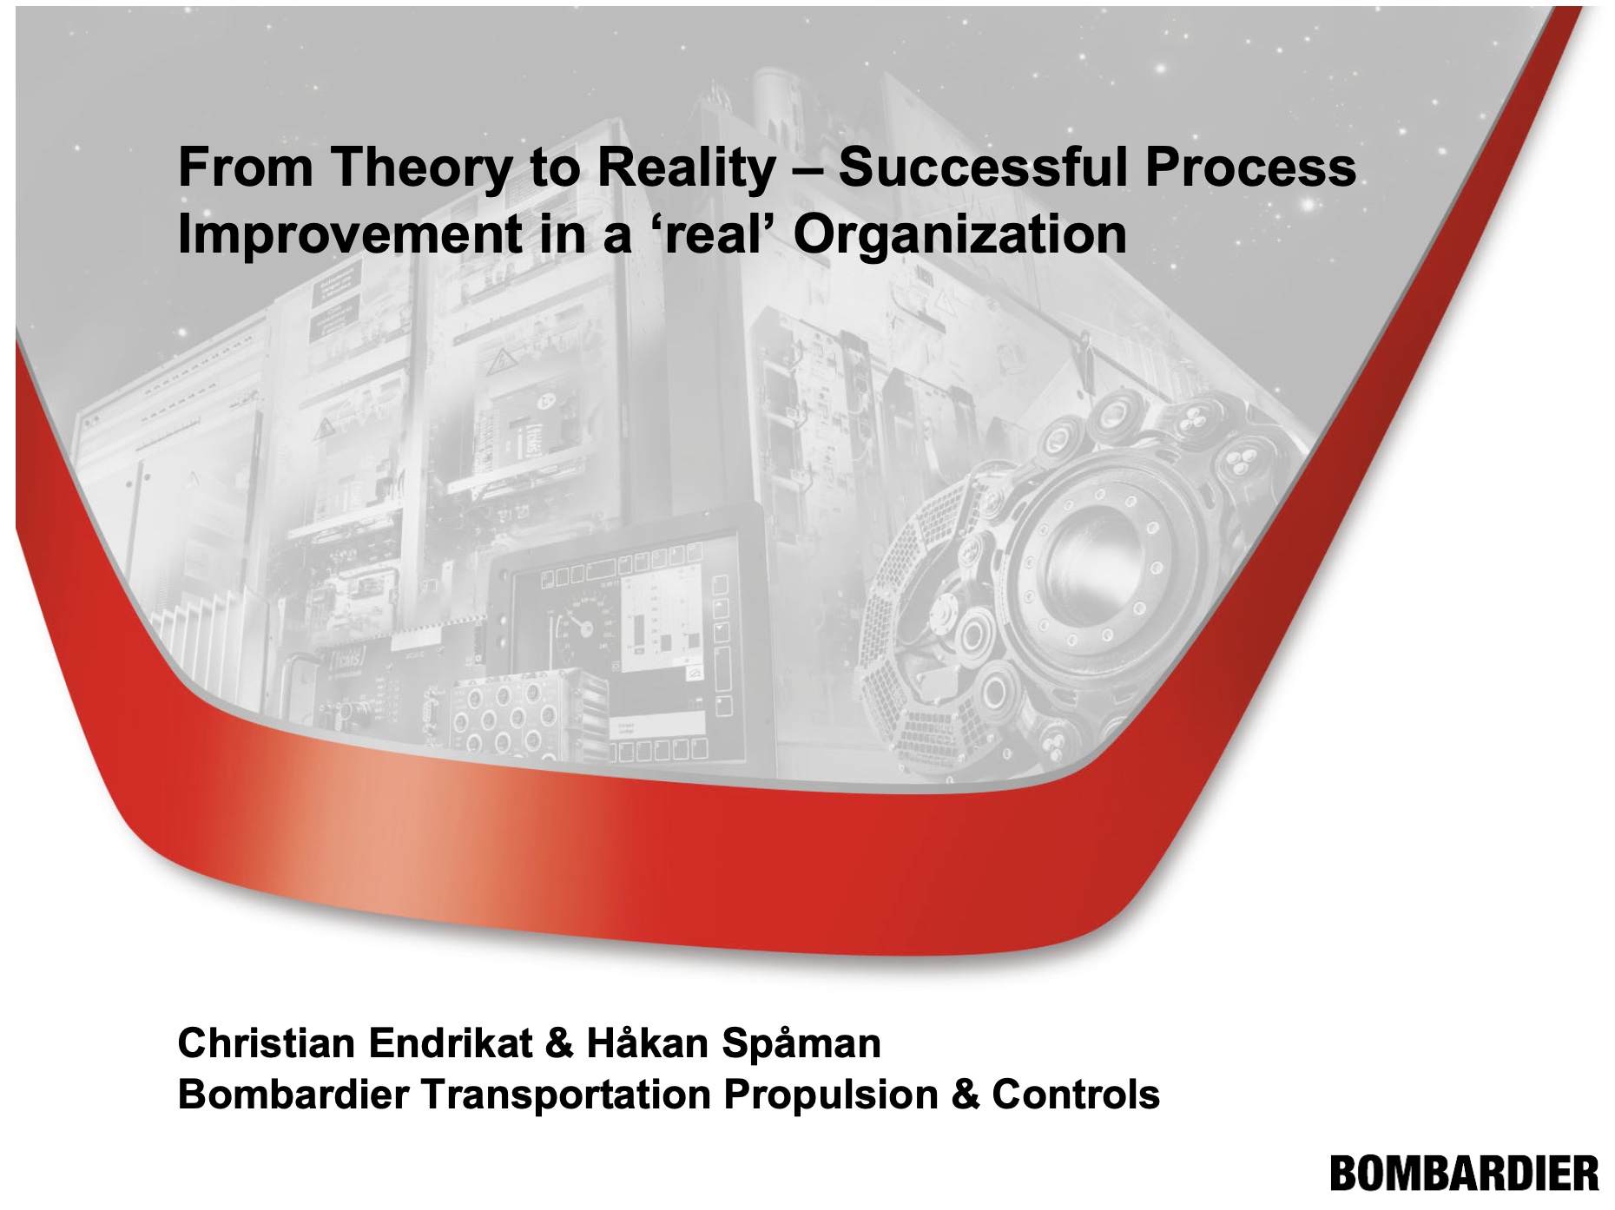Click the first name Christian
tap(267, 1042)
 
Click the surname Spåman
tap(801, 1043)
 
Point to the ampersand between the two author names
tap(560, 1043)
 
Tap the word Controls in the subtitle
tap(1075, 1095)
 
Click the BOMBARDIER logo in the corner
tap(1464, 1174)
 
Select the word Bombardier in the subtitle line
tap(293, 1095)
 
